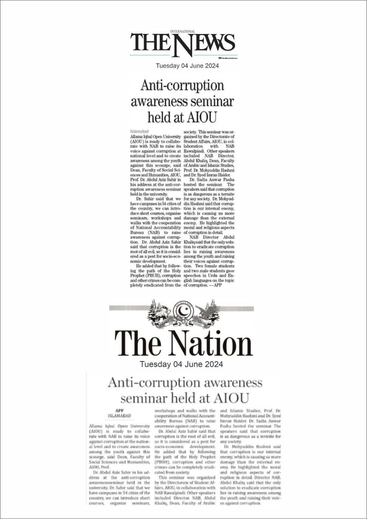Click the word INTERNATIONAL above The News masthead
point(183,31)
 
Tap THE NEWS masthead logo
point(183,43)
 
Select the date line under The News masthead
point(187,66)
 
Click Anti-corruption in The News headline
point(182,86)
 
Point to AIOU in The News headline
point(200,117)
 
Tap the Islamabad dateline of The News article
point(139,131)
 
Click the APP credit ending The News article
point(218,285)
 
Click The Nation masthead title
point(183,344)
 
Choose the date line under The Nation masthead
point(181,364)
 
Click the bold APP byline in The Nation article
point(119,410)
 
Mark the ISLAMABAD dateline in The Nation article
point(119,416)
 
